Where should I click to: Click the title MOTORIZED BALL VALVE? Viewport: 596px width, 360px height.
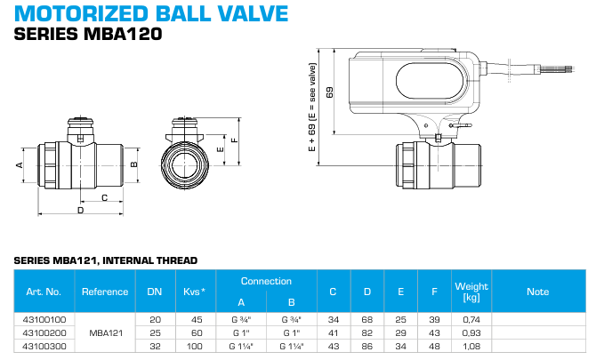point(152,14)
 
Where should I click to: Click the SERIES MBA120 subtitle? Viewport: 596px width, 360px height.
point(89,36)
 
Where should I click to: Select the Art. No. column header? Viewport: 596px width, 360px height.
point(43,291)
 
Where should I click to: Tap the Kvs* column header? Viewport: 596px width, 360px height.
point(195,291)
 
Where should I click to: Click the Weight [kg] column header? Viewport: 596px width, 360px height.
point(471,291)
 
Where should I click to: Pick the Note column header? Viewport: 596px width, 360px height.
point(537,291)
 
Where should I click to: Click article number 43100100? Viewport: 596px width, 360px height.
point(43,318)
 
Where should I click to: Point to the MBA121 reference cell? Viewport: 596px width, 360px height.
point(105,332)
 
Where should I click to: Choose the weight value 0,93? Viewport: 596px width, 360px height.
point(471,332)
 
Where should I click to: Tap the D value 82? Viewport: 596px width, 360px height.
point(366,332)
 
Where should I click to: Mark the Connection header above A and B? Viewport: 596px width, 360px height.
point(266,281)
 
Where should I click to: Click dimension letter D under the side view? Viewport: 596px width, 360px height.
point(80,212)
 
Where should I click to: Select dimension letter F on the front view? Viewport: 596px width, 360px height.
point(234,140)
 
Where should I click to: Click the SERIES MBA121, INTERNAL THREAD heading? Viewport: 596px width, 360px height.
point(106,260)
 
